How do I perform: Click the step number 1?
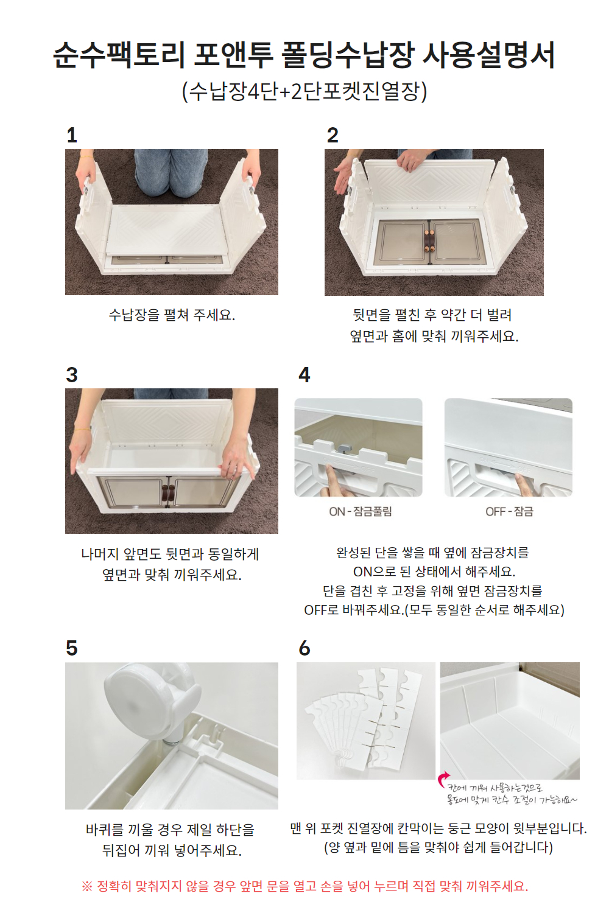72,135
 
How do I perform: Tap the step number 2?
333,135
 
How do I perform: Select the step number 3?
72,375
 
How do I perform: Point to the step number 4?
304,375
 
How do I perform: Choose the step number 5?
72,648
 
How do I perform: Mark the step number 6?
304,648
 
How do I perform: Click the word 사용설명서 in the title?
488,55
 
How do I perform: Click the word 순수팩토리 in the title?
119,55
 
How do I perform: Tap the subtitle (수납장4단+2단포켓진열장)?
304,91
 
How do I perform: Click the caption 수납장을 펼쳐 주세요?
172,315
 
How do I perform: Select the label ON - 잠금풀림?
360,511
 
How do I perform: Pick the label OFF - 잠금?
509,511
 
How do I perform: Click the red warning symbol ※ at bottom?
87,887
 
